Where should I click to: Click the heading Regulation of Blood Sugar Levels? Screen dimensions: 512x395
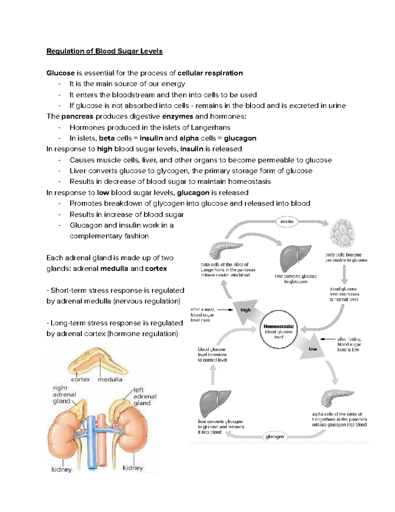tap(104, 51)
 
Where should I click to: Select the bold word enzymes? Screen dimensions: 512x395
tap(178, 116)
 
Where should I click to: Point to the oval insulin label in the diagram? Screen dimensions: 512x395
tap(287, 222)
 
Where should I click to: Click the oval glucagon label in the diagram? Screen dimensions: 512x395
tap(275, 437)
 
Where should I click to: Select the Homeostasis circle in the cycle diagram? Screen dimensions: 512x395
tap(278, 329)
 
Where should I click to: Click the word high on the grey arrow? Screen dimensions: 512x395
tap(246, 310)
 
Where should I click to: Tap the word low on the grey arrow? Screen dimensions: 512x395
tap(313, 349)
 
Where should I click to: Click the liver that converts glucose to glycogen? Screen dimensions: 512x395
tap(295, 257)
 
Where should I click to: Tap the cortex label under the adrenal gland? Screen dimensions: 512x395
tap(81, 379)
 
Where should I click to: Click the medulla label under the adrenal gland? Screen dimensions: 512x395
tap(110, 379)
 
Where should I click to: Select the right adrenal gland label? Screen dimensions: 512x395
tap(64, 395)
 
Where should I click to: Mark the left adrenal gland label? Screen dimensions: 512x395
tap(144, 396)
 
